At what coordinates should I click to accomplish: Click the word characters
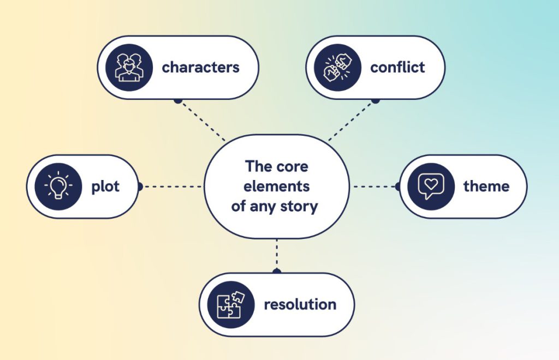point(200,68)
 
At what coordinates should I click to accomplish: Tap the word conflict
point(397,68)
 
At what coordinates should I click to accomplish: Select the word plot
point(105,187)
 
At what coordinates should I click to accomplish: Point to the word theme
point(486,187)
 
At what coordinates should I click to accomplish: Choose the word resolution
point(300,304)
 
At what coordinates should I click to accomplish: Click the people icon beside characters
point(129,68)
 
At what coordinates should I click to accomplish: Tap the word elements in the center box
point(276,187)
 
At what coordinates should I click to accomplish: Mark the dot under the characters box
point(177,100)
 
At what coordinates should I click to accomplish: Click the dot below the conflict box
point(376,100)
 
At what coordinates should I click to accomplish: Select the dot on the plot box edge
point(140,187)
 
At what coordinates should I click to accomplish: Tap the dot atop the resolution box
point(276,271)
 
